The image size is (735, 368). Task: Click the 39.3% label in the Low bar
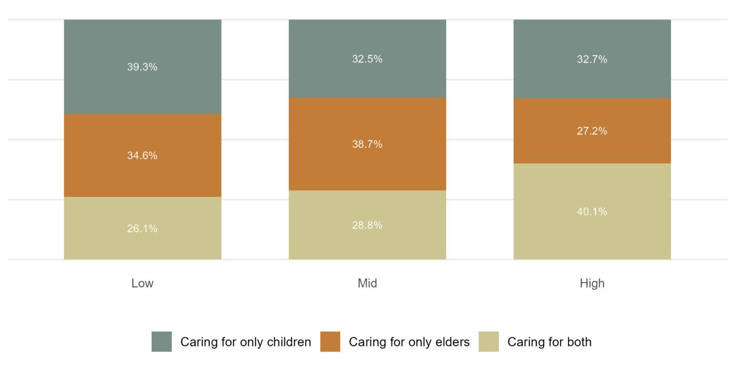(x=142, y=67)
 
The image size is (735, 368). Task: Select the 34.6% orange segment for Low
(x=142, y=156)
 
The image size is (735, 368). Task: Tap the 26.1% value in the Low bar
(x=142, y=229)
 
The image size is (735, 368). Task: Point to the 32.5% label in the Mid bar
(x=367, y=59)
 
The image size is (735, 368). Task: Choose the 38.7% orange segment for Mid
(x=367, y=144)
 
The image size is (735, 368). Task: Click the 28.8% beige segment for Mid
(x=367, y=225)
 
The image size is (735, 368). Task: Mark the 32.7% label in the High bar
(x=592, y=59)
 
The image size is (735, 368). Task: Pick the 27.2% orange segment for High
(x=592, y=131)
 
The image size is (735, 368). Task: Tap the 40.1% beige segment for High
(x=592, y=211)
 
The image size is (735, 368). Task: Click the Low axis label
(x=142, y=283)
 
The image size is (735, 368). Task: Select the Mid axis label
(x=367, y=283)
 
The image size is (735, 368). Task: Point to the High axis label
(x=592, y=283)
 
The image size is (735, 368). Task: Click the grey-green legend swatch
(x=162, y=342)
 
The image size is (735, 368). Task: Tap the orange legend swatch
(x=330, y=342)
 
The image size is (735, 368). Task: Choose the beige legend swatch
(x=489, y=342)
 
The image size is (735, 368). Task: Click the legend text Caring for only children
(x=246, y=342)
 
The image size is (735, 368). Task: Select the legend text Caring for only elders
(x=409, y=342)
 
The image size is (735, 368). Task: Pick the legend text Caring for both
(x=549, y=342)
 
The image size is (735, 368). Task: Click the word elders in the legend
(x=453, y=342)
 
